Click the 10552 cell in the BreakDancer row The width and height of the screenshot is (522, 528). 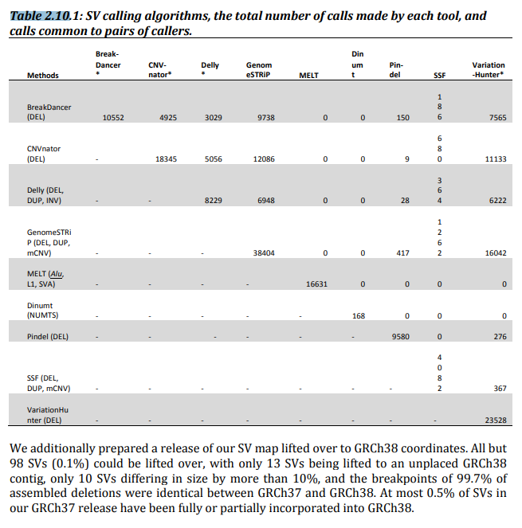pyautogui.click(x=113, y=118)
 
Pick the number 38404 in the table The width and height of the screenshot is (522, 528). pyautogui.click(x=262, y=252)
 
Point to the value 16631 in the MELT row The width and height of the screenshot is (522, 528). pyautogui.click(x=316, y=283)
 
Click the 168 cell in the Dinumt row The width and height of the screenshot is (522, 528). pyautogui.click(x=359, y=315)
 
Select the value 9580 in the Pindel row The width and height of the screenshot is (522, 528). pyautogui.click(x=400, y=336)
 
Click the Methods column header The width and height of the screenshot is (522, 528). pyautogui.click(x=43, y=76)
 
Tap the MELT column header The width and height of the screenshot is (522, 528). pyautogui.click(x=308, y=76)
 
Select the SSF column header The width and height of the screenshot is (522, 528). pyautogui.click(x=439, y=76)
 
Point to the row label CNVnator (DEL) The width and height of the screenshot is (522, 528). pyautogui.click(x=44, y=154)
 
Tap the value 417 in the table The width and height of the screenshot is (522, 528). pyautogui.click(x=402, y=252)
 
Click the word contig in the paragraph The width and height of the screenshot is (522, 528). pyautogui.click(x=28, y=482)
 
